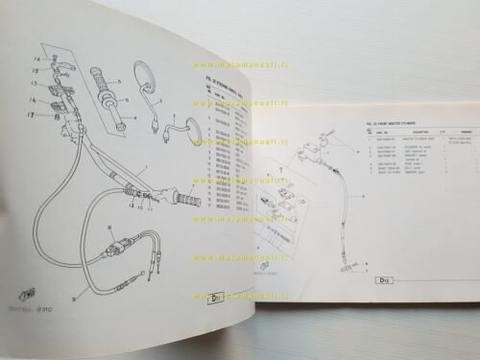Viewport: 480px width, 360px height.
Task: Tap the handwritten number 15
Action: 35,70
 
